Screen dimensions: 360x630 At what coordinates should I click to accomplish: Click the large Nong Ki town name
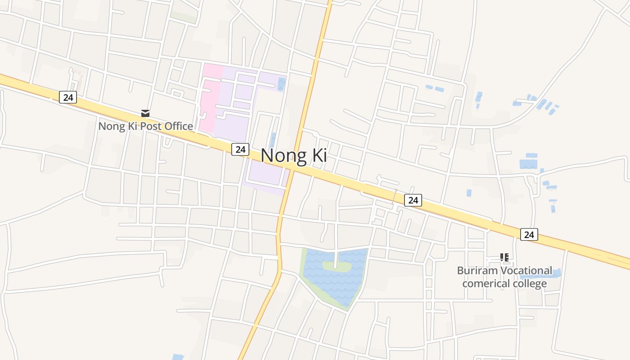pos(294,156)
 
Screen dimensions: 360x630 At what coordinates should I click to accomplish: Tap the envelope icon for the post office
pos(145,113)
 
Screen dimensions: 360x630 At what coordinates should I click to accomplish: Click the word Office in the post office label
pos(179,126)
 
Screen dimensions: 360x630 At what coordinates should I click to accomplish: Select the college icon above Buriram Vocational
pos(504,257)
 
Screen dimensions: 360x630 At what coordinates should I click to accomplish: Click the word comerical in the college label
pos(483,283)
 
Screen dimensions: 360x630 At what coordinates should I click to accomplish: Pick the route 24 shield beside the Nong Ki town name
pos(240,149)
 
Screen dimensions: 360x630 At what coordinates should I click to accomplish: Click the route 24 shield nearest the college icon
pos(529,234)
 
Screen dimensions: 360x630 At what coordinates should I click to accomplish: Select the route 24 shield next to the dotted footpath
pos(413,200)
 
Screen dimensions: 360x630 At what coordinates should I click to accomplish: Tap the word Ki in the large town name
pos(316,156)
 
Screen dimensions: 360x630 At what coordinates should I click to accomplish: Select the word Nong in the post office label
pos(111,126)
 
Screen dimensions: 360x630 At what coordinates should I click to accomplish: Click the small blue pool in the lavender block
pos(282,84)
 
